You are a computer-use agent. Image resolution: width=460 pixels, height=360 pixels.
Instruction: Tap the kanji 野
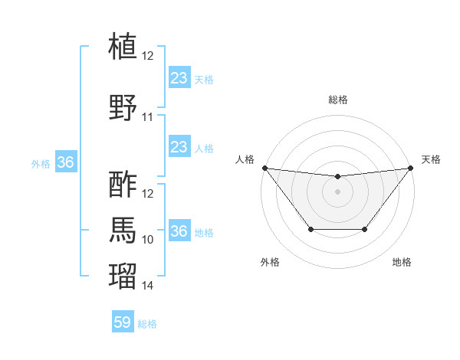(123, 106)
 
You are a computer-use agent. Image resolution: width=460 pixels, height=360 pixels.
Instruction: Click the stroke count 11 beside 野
(148, 117)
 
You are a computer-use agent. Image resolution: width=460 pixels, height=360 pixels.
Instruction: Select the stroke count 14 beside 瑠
(148, 286)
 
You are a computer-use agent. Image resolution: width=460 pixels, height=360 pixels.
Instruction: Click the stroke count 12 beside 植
(148, 56)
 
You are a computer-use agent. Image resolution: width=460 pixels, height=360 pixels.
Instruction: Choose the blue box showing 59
(123, 323)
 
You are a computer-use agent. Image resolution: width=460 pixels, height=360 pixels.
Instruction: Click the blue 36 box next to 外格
(66, 162)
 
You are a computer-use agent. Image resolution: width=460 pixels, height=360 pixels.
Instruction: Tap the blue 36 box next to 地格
(179, 231)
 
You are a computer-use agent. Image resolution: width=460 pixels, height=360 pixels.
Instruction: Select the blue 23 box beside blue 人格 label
(179, 147)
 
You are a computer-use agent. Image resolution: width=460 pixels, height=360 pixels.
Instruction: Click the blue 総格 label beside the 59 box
(147, 324)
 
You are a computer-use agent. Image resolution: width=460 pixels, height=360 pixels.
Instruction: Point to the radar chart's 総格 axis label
(338, 100)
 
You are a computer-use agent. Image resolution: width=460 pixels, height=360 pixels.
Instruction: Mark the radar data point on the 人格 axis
(264, 168)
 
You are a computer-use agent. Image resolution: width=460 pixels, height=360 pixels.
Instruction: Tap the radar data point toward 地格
(365, 229)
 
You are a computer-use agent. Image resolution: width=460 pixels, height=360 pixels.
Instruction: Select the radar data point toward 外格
(310, 229)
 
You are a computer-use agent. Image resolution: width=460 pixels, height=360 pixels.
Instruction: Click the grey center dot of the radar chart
(337, 191)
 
